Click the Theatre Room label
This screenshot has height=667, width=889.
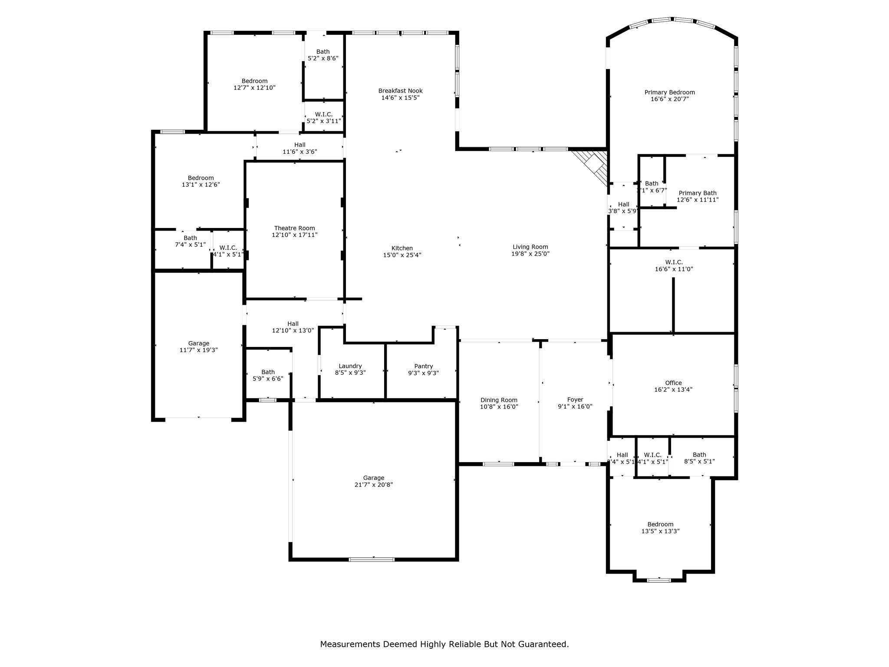(x=294, y=228)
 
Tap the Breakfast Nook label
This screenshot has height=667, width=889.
(x=400, y=91)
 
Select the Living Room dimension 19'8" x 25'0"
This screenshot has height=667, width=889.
(x=530, y=254)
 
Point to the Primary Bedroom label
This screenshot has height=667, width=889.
(x=669, y=92)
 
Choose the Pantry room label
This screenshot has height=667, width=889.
(x=423, y=366)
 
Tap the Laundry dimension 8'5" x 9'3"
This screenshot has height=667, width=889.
(x=350, y=373)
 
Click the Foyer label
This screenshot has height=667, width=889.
(x=575, y=400)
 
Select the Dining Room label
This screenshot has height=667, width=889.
(x=499, y=400)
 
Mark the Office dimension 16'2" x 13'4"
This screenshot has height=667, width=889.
(x=673, y=390)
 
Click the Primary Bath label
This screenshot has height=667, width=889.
(x=697, y=193)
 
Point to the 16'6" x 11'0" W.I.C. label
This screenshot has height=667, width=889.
(x=674, y=262)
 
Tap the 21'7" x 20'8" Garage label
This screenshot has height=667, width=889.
(x=373, y=478)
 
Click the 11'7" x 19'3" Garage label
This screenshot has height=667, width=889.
(x=198, y=343)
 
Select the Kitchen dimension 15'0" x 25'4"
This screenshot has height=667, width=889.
(x=402, y=255)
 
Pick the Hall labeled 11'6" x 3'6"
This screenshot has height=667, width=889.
(x=300, y=145)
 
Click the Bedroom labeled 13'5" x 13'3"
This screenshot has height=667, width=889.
(x=660, y=524)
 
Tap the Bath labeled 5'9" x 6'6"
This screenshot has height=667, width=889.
(x=268, y=372)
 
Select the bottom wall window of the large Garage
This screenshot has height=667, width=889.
(x=372, y=559)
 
